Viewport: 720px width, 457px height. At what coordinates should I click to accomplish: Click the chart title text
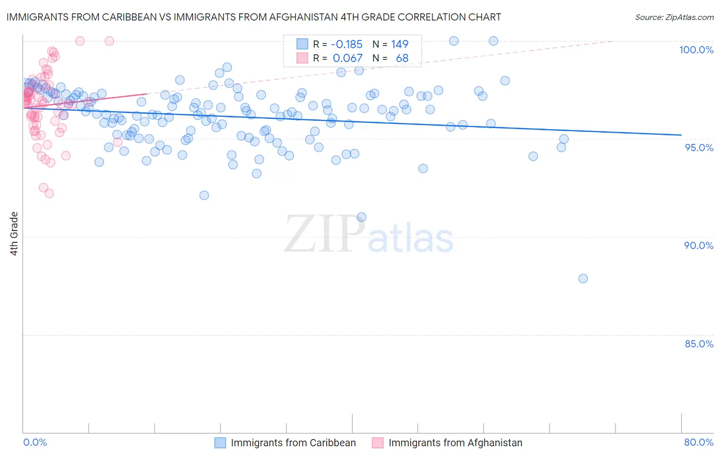click(x=253, y=17)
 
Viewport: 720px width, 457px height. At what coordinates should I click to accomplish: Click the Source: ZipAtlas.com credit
click(x=674, y=17)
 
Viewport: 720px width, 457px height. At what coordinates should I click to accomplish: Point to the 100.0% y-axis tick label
click(x=696, y=50)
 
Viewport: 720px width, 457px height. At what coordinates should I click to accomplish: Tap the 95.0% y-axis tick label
click(x=699, y=148)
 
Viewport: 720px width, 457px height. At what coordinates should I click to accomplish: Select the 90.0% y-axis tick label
click(x=698, y=245)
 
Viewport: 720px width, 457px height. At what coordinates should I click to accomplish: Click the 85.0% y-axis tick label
click(x=699, y=344)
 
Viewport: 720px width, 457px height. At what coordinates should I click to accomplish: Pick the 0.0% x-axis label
click(x=35, y=442)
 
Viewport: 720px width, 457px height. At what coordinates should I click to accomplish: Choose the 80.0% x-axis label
click(x=698, y=442)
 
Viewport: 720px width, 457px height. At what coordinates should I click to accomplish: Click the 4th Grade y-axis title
click(x=14, y=234)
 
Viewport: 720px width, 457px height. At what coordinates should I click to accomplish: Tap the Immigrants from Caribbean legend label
click(x=293, y=443)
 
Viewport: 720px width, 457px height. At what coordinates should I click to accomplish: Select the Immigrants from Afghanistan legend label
click(x=455, y=443)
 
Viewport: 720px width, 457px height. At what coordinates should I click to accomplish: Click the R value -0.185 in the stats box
click(x=347, y=45)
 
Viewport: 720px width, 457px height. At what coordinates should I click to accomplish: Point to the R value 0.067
click(x=348, y=58)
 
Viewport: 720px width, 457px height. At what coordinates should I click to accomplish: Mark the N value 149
click(x=399, y=45)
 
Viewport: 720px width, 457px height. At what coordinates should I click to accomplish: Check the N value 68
click(x=402, y=58)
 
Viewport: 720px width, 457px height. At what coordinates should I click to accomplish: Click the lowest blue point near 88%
click(x=583, y=279)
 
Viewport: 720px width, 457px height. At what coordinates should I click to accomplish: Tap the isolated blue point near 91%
click(x=362, y=217)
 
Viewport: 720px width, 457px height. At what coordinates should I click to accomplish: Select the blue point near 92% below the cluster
click(x=204, y=195)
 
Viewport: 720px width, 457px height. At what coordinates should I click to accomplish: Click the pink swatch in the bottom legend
click(x=377, y=443)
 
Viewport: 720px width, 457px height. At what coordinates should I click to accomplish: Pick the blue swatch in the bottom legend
click(x=220, y=443)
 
